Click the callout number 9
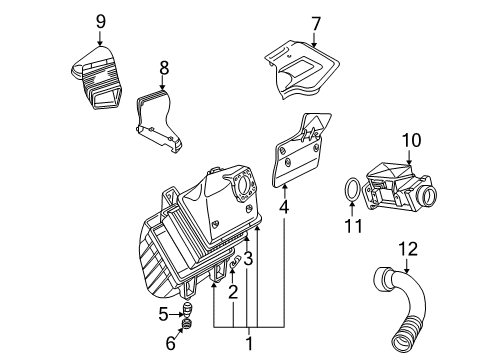(101, 22)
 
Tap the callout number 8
(164, 69)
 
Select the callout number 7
(316, 24)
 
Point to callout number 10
(411, 140)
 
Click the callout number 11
(353, 226)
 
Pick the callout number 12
(408, 249)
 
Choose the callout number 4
(284, 207)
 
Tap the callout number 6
(171, 343)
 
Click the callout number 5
(163, 314)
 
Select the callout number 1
(249, 343)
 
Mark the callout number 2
(233, 292)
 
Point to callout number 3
(248, 259)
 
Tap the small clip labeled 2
(235, 263)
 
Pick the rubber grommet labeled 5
(188, 310)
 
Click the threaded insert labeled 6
(187, 323)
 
